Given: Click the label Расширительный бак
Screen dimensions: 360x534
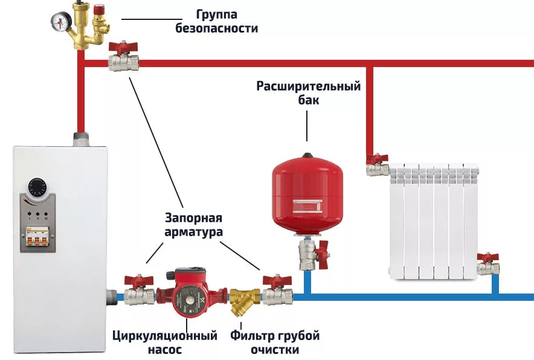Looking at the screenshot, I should click(x=308, y=93).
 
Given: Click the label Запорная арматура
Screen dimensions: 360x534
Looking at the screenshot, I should click(x=193, y=224).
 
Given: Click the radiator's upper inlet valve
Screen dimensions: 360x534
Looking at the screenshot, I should click(x=377, y=165).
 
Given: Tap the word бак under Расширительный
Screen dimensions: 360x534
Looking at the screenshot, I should click(x=308, y=100).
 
